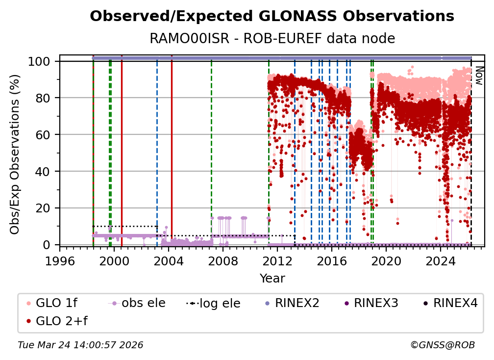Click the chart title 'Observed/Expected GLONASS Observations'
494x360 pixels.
point(272,16)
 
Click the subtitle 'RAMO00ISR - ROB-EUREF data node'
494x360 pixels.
point(272,38)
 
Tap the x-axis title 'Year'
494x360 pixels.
point(272,279)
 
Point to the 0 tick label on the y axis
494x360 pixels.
point(47,245)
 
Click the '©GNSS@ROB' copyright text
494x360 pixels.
point(442,345)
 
